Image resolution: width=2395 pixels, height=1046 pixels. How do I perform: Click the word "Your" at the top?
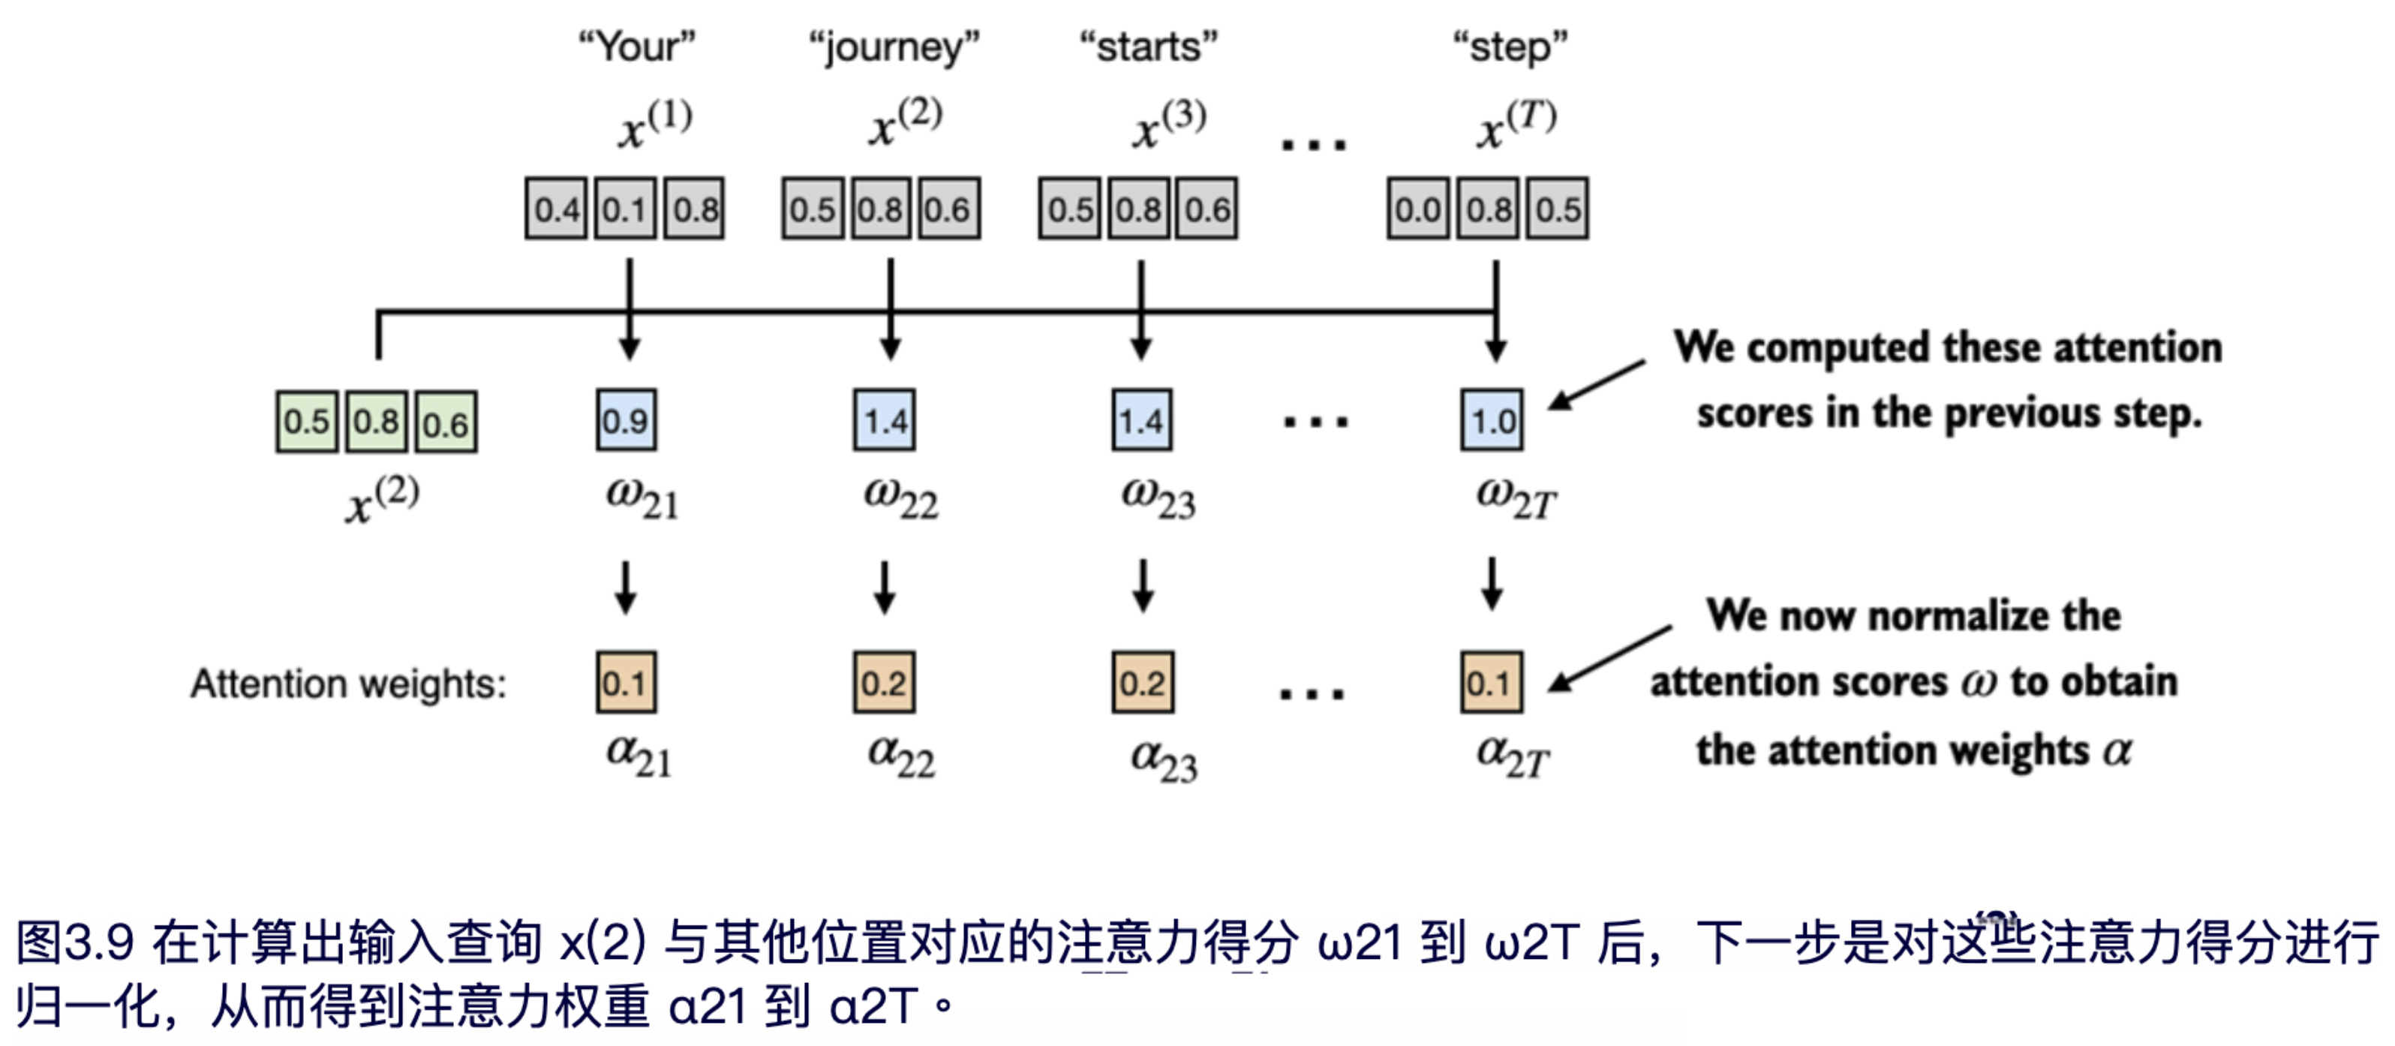click(637, 47)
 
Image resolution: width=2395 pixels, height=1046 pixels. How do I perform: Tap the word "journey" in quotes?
click(894, 47)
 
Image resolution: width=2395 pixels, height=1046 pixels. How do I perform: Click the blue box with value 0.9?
click(626, 420)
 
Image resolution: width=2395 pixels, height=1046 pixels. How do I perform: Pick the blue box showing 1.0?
click(1492, 420)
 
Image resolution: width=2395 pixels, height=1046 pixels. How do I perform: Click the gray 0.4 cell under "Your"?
click(556, 209)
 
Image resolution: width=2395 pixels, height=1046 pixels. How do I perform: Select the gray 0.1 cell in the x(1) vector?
click(625, 209)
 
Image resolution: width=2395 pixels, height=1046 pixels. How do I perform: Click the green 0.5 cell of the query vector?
click(307, 422)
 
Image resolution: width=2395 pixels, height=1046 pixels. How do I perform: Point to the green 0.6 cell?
click(446, 422)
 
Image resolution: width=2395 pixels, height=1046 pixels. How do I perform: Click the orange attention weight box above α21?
click(626, 683)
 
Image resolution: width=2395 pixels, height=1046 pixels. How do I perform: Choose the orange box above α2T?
click(1492, 683)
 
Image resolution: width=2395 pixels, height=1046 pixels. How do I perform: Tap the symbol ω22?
click(900, 497)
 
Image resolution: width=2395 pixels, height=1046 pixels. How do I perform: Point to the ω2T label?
click(1516, 497)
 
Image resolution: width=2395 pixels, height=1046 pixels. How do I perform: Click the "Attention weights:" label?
click(349, 684)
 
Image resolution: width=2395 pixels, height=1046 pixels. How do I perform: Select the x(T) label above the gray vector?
click(1516, 125)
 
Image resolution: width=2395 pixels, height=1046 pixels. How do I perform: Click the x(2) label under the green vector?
click(382, 500)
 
